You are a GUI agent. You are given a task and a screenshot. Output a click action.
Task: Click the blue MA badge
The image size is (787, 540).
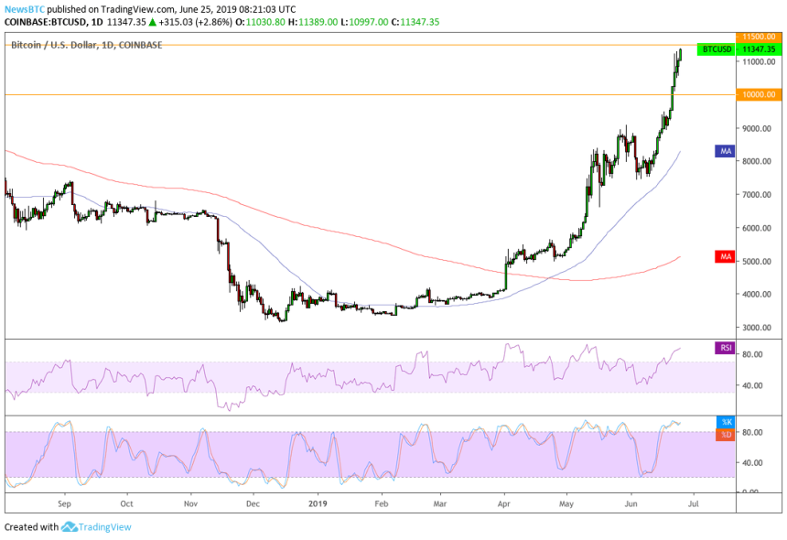coord(725,151)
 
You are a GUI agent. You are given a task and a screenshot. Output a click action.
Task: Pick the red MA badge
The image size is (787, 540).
coord(725,257)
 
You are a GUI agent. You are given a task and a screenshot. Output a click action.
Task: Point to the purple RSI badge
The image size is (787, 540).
coord(725,347)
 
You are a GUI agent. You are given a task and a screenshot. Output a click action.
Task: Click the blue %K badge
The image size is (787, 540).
coord(725,422)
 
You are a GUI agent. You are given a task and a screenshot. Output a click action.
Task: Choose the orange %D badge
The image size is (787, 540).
coord(725,434)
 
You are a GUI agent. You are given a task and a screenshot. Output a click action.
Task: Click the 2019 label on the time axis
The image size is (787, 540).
coord(317,502)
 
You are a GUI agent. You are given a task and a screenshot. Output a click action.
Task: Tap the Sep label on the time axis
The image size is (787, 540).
coord(64,502)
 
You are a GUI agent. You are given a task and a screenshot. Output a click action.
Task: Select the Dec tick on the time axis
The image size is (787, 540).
coord(253,502)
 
